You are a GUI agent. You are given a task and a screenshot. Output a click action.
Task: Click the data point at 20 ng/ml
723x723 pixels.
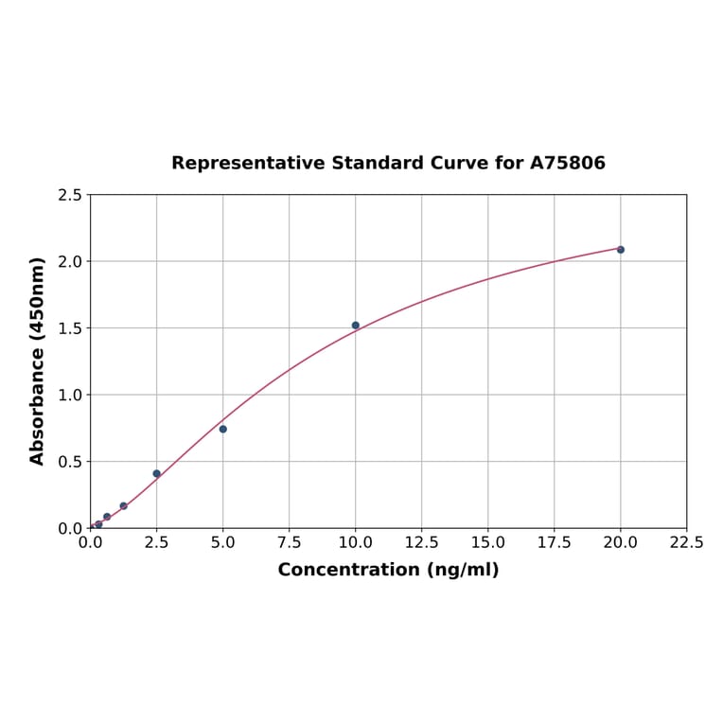621,250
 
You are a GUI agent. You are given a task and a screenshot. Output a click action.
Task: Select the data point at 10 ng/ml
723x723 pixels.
356,326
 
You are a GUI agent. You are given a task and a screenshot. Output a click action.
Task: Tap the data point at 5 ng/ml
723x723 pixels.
223,429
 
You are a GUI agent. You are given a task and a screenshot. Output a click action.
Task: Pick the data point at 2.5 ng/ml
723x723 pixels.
157,473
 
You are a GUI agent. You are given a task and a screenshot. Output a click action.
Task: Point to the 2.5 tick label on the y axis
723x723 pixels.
70,195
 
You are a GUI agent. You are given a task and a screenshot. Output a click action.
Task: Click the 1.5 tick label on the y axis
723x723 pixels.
70,328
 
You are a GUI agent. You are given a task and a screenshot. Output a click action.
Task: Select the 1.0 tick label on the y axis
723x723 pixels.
70,395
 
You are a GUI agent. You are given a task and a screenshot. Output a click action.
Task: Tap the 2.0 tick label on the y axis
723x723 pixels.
70,261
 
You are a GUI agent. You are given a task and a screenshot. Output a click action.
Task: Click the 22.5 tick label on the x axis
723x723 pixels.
686,543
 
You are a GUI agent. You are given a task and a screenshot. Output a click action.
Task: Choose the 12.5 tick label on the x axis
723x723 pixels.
422,543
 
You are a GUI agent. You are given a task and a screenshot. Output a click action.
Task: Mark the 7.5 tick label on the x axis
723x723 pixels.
290,543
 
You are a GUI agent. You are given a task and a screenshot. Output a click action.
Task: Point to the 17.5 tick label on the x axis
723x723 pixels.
555,543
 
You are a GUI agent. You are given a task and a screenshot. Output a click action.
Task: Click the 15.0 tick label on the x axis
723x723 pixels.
488,543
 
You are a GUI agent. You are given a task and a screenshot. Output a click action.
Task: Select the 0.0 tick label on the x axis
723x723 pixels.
91,543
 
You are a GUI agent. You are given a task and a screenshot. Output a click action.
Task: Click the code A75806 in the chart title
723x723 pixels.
567,164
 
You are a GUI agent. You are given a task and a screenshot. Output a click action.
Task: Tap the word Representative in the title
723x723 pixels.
248,164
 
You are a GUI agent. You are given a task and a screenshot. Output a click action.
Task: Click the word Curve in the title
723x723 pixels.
459,164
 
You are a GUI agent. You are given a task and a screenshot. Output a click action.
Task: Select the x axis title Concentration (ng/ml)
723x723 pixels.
388,570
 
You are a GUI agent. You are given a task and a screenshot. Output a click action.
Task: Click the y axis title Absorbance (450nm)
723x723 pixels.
38,361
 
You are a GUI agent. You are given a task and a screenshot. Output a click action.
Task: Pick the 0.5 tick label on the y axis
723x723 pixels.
70,462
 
